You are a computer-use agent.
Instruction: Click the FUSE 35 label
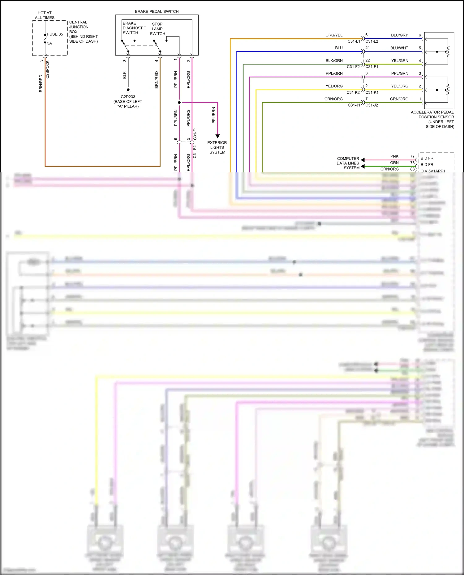pos(55,34)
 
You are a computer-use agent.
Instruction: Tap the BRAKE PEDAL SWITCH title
pos(157,11)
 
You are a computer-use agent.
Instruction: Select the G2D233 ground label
pos(128,97)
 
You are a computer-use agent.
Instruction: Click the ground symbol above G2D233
pos(128,91)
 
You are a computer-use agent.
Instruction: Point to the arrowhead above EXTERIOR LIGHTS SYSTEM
pos(217,136)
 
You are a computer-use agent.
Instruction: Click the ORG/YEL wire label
pos(334,35)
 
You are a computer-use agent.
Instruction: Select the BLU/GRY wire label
pos(399,35)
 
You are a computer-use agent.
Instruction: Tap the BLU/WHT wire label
pos(399,48)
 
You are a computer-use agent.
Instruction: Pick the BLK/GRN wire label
pos(334,61)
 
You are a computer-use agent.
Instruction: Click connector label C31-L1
pos(354,41)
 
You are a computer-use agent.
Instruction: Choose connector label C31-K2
pos(353,92)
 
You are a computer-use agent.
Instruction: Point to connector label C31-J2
pos(372,105)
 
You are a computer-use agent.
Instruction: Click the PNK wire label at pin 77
pos(394,156)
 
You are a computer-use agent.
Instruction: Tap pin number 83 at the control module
pos(412,169)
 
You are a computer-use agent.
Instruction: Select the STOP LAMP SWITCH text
pos(157,29)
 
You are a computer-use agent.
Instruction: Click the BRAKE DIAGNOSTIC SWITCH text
pos(134,28)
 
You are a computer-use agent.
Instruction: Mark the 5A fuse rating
pos(49,43)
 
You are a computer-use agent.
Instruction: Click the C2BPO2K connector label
pos(48,70)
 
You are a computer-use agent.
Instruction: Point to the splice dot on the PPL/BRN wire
pos(179,102)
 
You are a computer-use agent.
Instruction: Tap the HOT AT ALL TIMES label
pos(45,15)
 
